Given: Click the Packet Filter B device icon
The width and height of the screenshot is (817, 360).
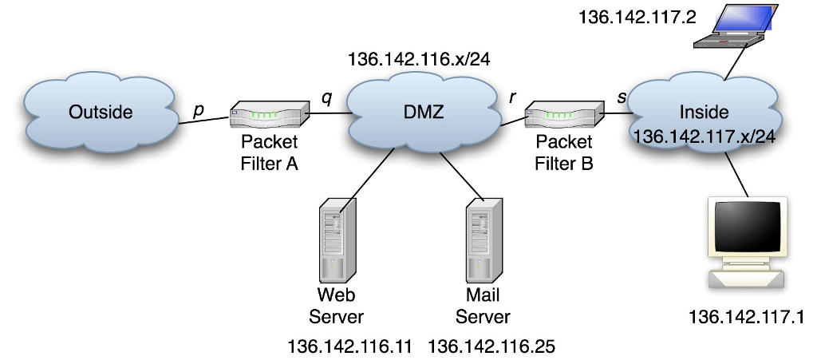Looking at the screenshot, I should click(x=564, y=117).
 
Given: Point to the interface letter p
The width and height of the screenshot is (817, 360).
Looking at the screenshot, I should click(x=197, y=110).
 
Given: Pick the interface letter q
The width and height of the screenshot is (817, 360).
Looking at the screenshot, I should click(x=326, y=97).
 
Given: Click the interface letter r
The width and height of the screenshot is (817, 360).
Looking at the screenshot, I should click(x=513, y=97).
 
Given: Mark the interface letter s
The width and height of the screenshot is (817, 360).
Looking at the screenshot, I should click(x=621, y=97).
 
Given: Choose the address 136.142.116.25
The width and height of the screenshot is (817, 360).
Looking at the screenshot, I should click(x=491, y=346).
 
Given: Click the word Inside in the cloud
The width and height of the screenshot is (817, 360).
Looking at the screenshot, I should click(x=704, y=112).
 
